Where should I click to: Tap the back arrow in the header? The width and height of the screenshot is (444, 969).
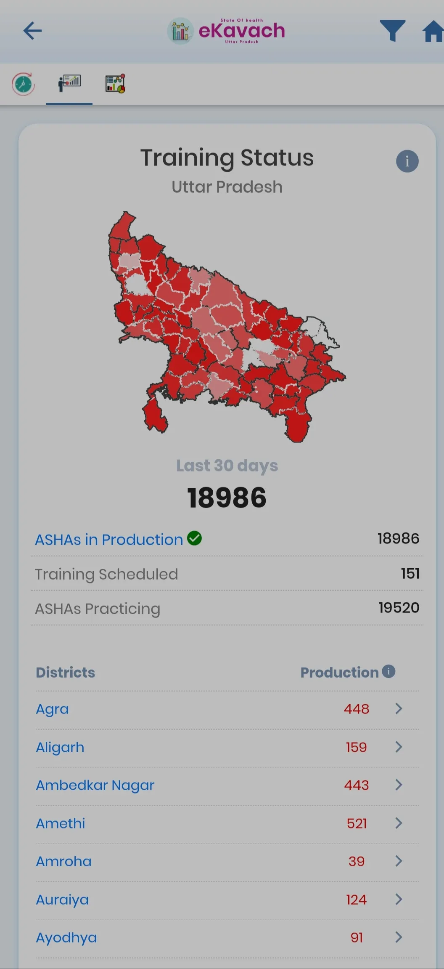[32, 31]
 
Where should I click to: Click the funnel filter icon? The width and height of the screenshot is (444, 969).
[392, 30]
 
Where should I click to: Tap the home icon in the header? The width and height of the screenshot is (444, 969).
[433, 32]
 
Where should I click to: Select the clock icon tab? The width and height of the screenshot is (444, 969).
[23, 84]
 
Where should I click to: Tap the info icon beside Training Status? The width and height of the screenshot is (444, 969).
[407, 161]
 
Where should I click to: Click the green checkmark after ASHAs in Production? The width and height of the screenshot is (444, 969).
[194, 538]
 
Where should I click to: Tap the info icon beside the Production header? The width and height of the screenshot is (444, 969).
[388, 671]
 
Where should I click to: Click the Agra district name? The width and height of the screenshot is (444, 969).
[52, 709]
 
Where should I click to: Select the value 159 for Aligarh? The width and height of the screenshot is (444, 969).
[356, 747]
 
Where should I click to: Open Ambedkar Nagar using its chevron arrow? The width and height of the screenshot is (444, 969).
[399, 785]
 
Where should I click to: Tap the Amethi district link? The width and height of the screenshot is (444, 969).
[61, 823]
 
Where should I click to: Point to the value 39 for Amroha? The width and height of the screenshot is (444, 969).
[357, 861]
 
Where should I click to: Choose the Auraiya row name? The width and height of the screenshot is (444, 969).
[62, 900]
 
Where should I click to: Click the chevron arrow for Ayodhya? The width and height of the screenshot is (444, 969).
[399, 937]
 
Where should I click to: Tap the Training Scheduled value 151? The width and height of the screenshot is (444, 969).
[410, 573]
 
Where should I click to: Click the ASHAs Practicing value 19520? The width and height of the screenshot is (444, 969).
[399, 607]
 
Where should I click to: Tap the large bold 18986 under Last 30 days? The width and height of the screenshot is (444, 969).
[227, 498]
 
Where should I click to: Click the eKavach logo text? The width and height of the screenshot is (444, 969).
[241, 31]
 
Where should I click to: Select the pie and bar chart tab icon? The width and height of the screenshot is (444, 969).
[115, 83]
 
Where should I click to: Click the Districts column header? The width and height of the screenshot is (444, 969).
[65, 672]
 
